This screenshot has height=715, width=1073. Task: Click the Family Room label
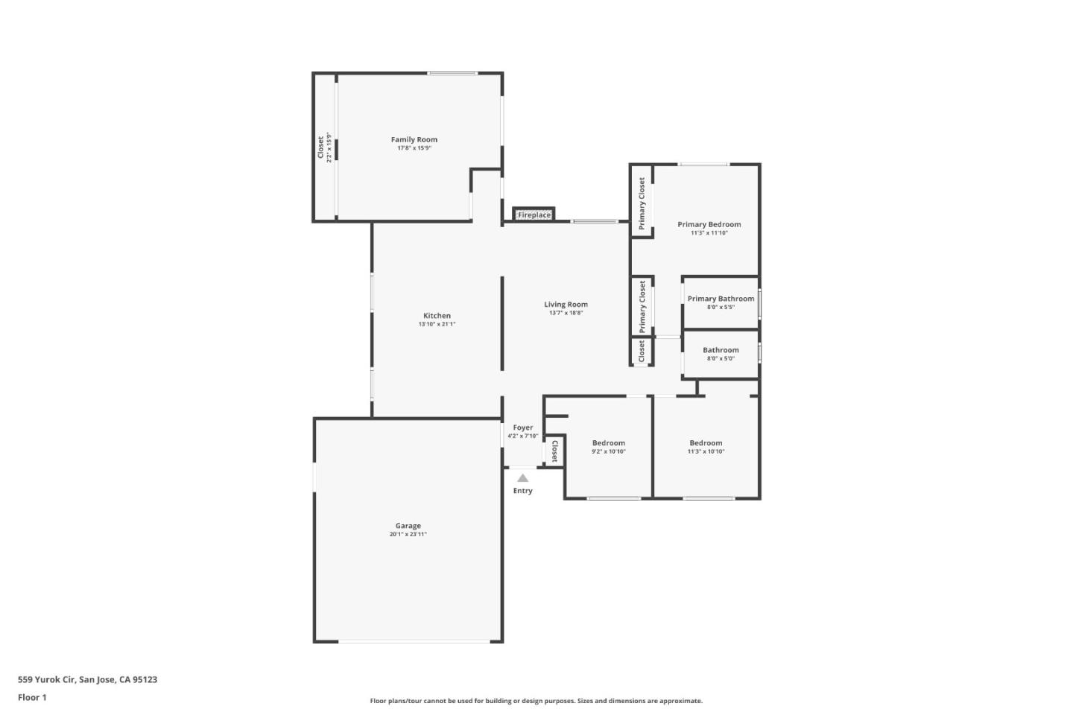[x=414, y=139]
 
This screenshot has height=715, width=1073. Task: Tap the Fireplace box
[x=534, y=215]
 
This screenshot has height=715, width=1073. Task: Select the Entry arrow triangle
[x=523, y=478]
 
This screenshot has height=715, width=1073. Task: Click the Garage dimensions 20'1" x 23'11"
[x=408, y=535]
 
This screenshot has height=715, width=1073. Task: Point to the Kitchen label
[x=437, y=316]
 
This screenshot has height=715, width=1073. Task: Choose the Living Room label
[x=566, y=304]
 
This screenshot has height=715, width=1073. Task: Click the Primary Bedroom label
[x=709, y=224]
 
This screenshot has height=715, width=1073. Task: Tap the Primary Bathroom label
[x=721, y=299]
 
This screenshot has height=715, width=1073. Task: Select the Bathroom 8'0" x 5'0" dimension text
[x=721, y=359]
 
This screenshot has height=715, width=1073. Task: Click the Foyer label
[x=523, y=428]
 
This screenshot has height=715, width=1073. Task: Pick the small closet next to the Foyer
[x=554, y=451]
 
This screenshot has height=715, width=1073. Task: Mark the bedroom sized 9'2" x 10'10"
[x=609, y=447]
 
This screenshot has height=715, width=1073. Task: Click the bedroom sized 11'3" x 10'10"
[x=706, y=447]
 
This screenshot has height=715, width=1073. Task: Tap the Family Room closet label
[x=322, y=147]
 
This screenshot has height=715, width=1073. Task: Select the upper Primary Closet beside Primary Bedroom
[x=642, y=203]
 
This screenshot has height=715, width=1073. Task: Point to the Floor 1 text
[x=32, y=698]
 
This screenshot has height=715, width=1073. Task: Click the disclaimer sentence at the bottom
[x=536, y=701]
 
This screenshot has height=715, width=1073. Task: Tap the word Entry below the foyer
[x=523, y=491]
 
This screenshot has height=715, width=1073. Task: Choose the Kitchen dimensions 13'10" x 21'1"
[x=437, y=325]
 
